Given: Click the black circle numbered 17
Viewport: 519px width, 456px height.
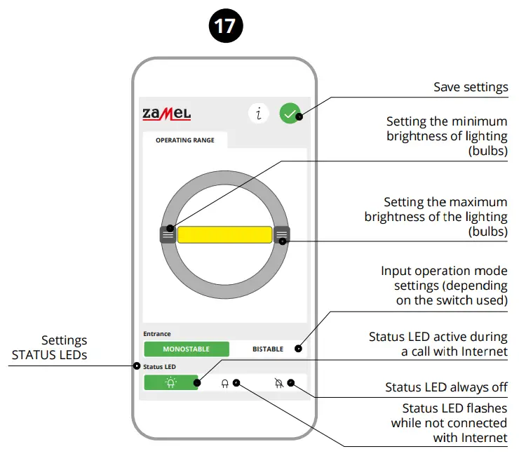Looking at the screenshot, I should pyautogui.click(x=224, y=27).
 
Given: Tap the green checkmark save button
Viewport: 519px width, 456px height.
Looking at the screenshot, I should pyautogui.click(x=290, y=113).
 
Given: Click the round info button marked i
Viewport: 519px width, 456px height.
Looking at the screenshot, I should pyautogui.click(x=259, y=113).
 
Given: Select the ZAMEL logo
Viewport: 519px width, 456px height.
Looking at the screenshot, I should pyautogui.click(x=167, y=113).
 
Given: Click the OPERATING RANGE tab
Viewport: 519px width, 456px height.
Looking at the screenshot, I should pyautogui.click(x=185, y=140).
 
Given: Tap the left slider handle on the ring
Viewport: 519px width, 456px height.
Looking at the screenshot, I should pyautogui.click(x=168, y=234).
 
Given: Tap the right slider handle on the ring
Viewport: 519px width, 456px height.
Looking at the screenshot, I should pyautogui.click(x=281, y=234).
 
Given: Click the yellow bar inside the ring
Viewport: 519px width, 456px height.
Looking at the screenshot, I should pyautogui.click(x=224, y=234).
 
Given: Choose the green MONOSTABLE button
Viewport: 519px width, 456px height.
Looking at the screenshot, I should pyautogui.click(x=187, y=349).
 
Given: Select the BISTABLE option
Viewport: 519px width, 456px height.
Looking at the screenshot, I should pyautogui.click(x=268, y=349).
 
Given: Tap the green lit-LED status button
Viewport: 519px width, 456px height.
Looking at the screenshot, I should pyautogui.click(x=170, y=383).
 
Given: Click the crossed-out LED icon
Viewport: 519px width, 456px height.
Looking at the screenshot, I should pyautogui.click(x=279, y=383).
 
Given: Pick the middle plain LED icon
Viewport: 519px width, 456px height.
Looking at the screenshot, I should pyautogui.click(x=225, y=384).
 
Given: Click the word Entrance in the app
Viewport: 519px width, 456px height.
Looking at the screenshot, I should pyautogui.click(x=157, y=334).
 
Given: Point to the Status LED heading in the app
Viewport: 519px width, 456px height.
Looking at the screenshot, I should pyautogui.click(x=159, y=366).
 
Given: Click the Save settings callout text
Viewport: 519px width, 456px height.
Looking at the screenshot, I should pyautogui.click(x=470, y=87).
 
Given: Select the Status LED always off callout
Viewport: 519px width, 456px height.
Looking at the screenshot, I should pyautogui.click(x=446, y=387).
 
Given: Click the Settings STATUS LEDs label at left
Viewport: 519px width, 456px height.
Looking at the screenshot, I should pyautogui.click(x=50, y=348).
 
